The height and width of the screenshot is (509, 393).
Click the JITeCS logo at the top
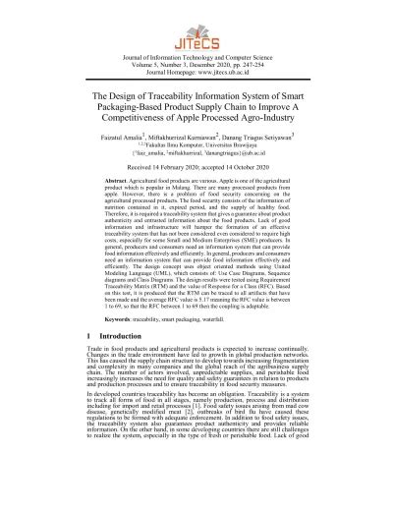point(196,32)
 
